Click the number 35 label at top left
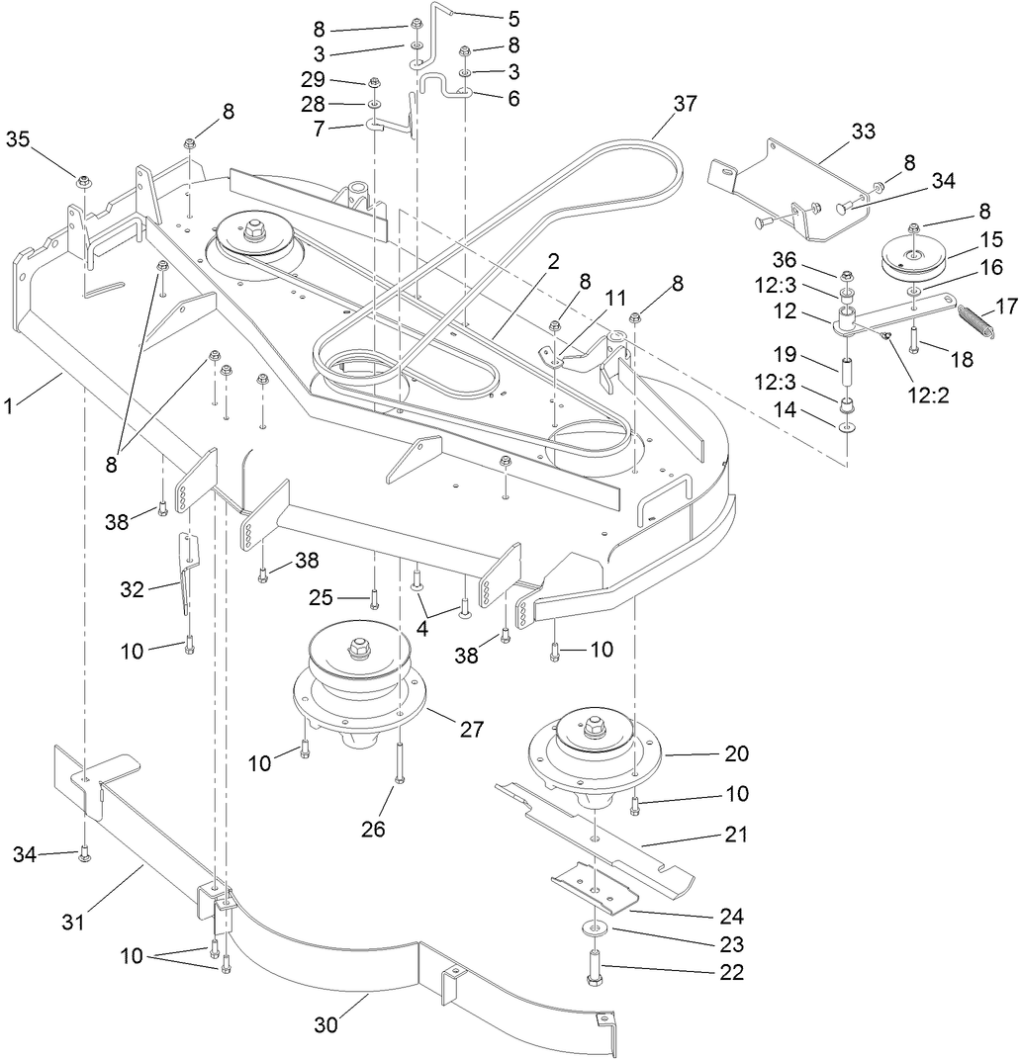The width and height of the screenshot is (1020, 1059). [18, 138]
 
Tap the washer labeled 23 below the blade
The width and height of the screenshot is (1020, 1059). [595, 929]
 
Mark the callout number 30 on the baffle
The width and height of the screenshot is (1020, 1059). [326, 1025]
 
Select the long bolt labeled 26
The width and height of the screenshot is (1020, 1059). [399, 761]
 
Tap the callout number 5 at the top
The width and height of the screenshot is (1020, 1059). [512, 18]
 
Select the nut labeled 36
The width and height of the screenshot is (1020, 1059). [847, 276]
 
